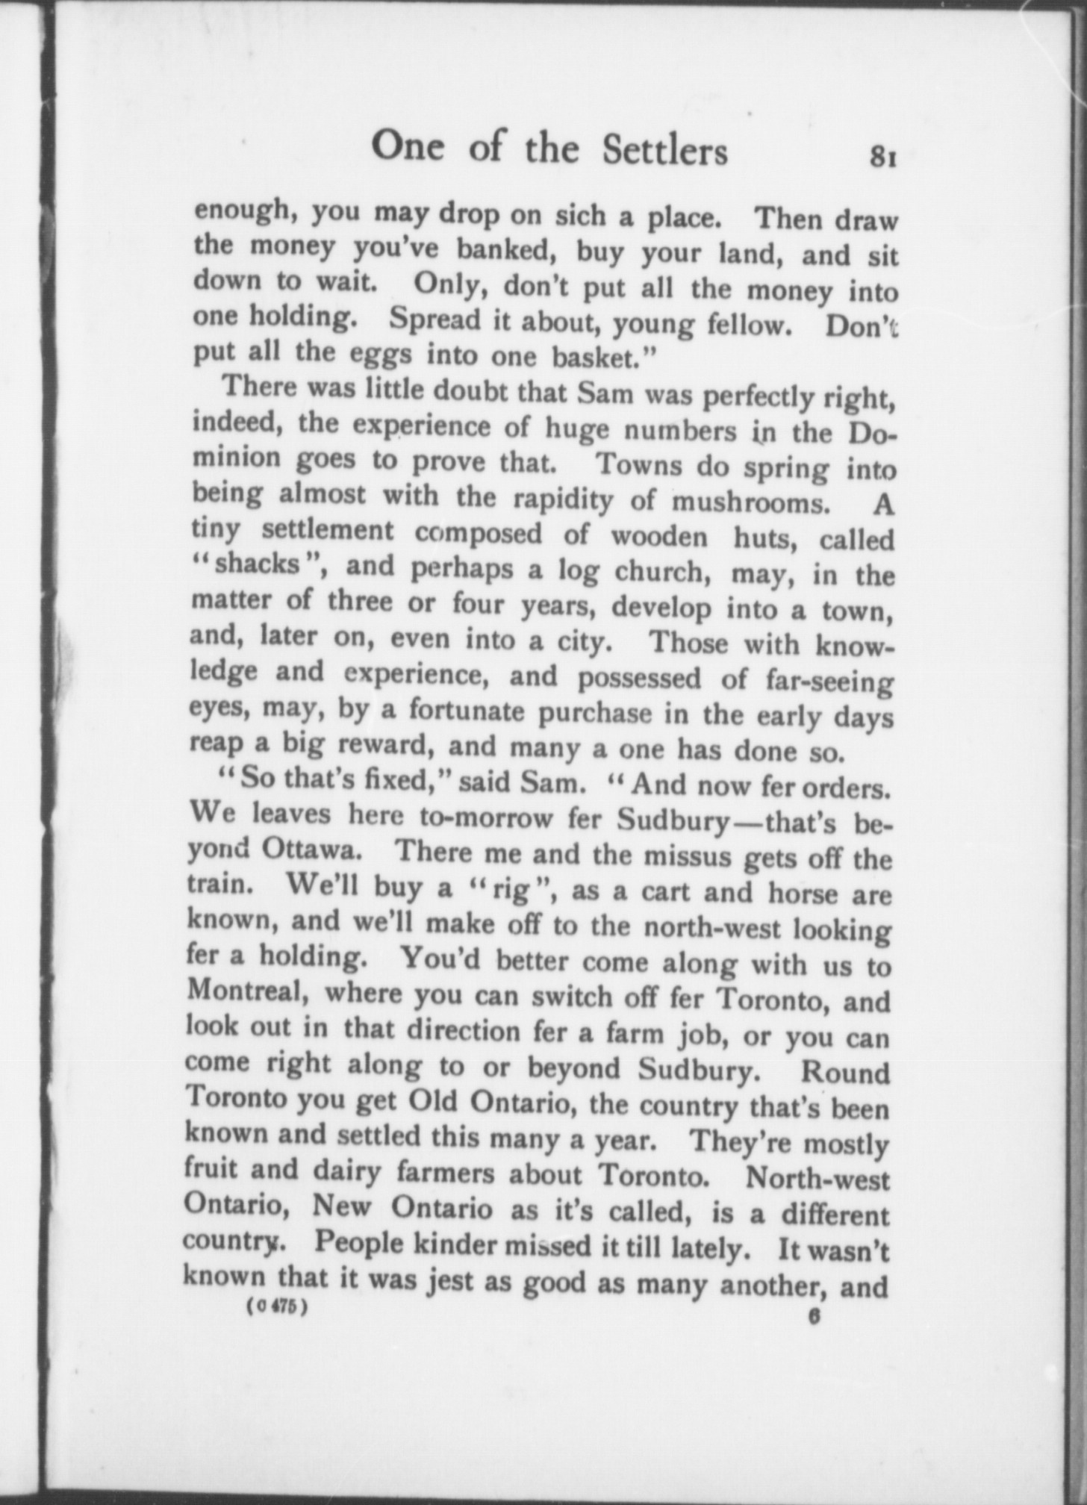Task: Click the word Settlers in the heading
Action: click(664, 150)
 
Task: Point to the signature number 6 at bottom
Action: click(814, 1318)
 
